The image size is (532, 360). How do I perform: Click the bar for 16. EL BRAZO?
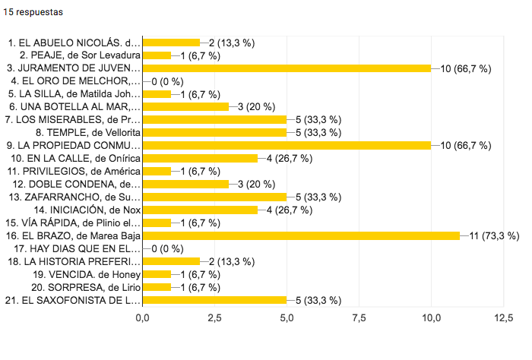coord(301,235)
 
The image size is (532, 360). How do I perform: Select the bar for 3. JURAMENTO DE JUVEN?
coord(287,68)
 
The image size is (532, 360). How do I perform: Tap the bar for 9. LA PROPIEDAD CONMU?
coord(287,145)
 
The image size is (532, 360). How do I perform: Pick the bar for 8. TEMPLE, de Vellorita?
coord(214,132)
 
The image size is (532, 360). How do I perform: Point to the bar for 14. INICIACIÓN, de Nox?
coord(200,210)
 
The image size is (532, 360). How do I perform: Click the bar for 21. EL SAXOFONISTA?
coord(214,299)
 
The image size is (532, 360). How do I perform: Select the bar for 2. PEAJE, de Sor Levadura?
coord(157,55)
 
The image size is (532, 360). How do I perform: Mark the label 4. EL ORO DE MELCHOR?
coord(75,81)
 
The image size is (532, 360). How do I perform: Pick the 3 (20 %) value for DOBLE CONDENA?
coord(255,184)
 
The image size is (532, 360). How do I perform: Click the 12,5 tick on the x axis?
coord(502,317)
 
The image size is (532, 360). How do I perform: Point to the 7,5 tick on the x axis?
coord(358,317)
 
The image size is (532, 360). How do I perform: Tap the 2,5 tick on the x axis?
coord(214,317)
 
